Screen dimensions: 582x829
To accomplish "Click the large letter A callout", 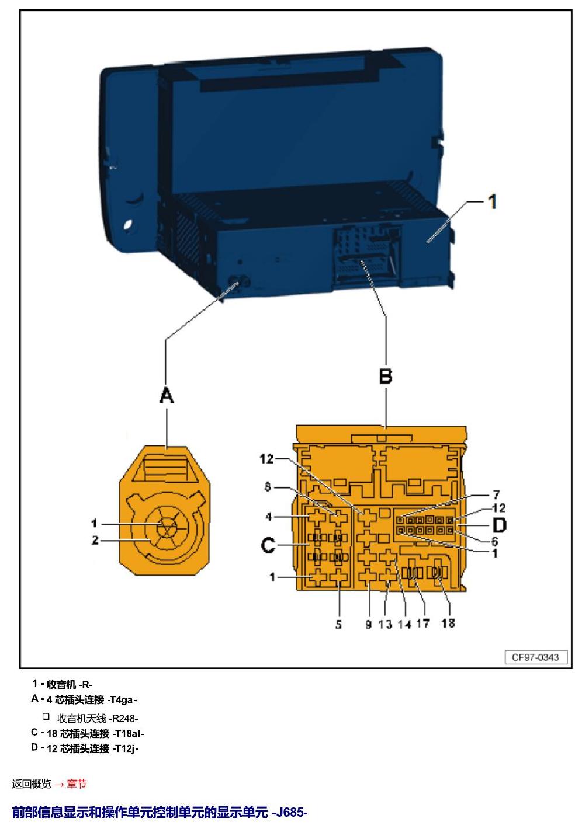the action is pos(167,395).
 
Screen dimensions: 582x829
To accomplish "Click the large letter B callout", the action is pos(386,376).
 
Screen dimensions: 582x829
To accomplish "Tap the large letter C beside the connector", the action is pos(268,545).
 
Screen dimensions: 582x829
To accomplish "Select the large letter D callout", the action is pos(499,525).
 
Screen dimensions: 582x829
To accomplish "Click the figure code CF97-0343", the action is pos(535,657).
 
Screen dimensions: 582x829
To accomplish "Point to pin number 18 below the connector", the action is pos(448,623).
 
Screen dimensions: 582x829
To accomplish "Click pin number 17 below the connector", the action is pos(422,624).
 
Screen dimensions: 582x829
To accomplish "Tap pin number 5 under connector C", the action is pos(338,624).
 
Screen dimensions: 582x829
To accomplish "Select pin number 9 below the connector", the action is pos(368,624).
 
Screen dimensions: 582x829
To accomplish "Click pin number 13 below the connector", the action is pos(385,624).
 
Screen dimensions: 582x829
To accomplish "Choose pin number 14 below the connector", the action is pos(404,624).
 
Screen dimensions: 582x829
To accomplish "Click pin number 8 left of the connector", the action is pos(268,487).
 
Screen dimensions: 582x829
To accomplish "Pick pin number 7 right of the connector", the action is pos(497,494).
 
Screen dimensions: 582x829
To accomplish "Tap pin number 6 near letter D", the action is pos(494,541).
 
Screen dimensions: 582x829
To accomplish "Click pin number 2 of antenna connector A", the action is pos(95,540).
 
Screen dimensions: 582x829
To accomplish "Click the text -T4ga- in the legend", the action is pos(122,700).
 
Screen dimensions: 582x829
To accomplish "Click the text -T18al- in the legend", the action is pos(128,733).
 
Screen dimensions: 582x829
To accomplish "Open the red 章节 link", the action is pos(77,783).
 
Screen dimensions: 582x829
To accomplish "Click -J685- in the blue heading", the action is pos(290,812).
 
